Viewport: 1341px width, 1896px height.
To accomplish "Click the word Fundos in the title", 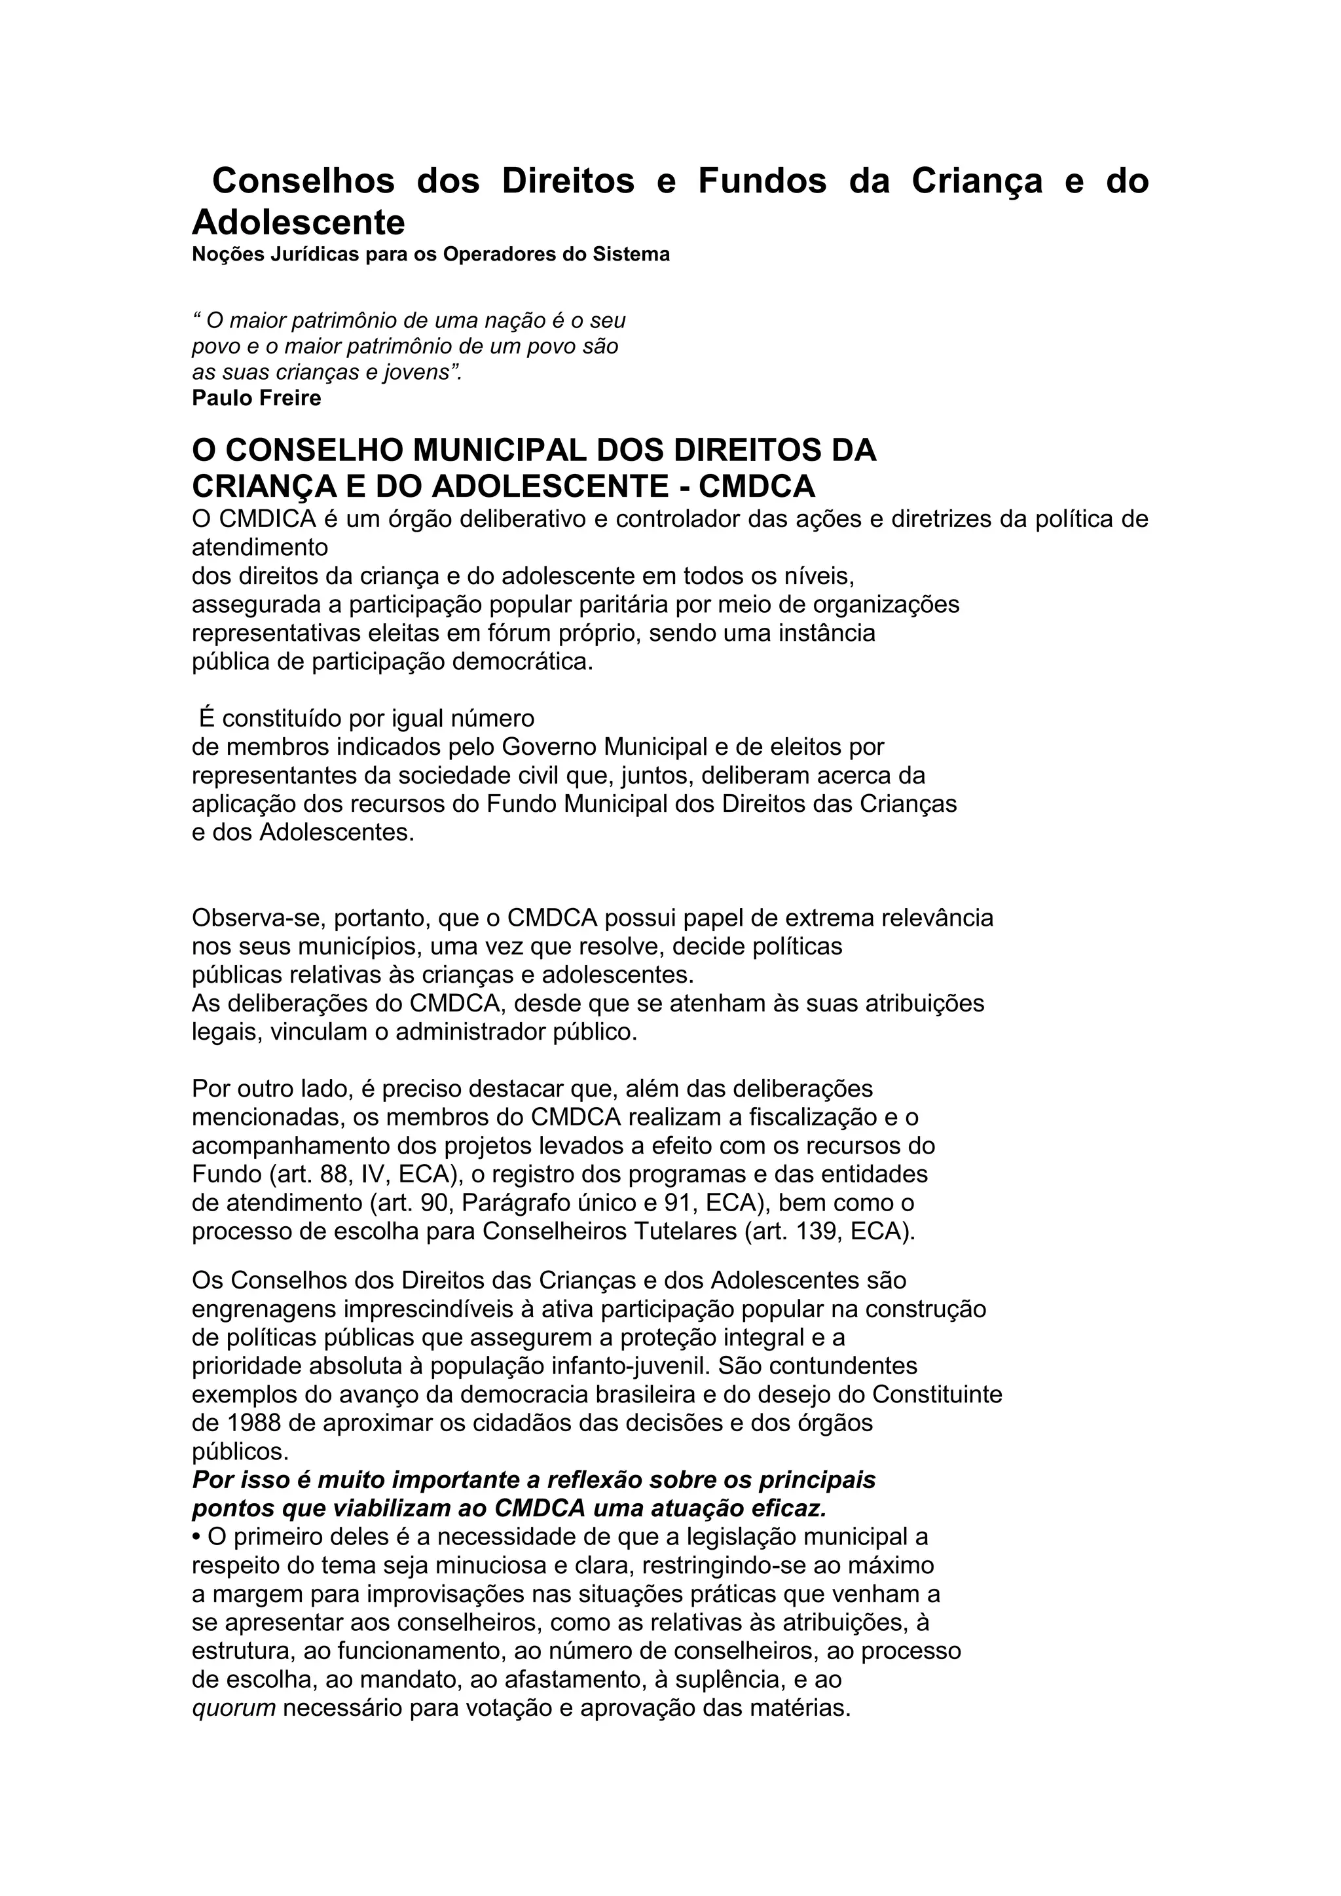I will click(x=762, y=181).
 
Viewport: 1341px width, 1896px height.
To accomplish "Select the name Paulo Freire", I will click(x=256, y=398).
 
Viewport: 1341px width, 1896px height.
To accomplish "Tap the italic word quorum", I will click(x=234, y=1707).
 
